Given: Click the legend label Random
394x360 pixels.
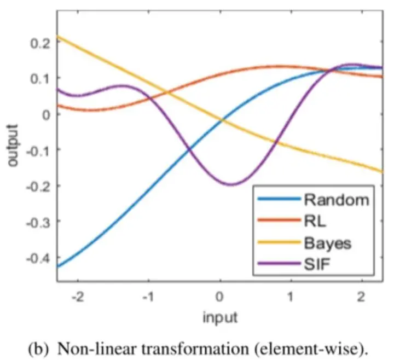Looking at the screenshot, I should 336,200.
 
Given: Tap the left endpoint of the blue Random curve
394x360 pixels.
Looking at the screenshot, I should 57,266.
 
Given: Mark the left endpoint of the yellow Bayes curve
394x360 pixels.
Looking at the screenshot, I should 57,36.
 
